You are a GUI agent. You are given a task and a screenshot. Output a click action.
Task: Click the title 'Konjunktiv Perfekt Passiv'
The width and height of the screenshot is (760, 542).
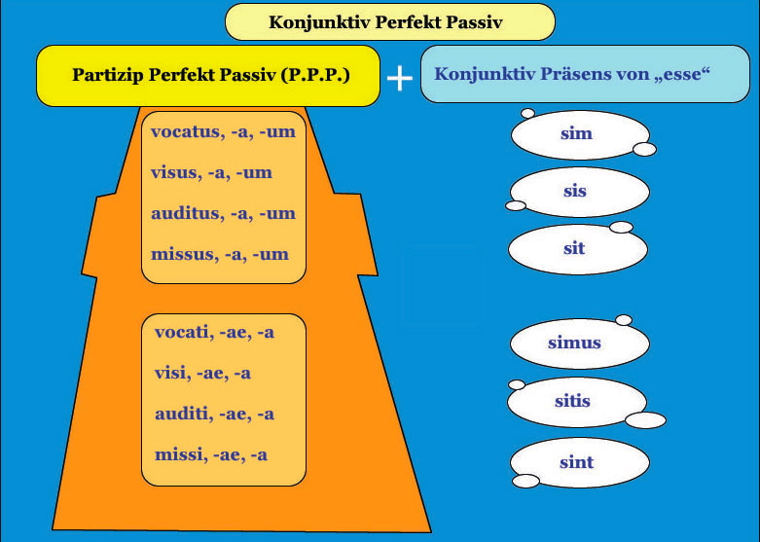click(x=385, y=22)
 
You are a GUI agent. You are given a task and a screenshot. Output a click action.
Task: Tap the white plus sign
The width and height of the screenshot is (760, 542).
click(x=400, y=78)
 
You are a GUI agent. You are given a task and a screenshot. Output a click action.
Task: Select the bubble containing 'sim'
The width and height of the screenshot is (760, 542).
click(x=581, y=134)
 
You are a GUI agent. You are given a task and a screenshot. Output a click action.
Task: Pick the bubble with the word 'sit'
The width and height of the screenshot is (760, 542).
click(x=578, y=248)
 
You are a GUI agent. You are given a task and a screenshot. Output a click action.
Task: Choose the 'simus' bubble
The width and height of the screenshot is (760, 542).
click(x=579, y=343)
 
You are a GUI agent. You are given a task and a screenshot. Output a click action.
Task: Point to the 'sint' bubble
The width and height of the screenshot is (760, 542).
click(x=581, y=462)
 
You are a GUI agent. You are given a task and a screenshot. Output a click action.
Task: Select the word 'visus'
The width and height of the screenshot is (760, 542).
click(x=173, y=172)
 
